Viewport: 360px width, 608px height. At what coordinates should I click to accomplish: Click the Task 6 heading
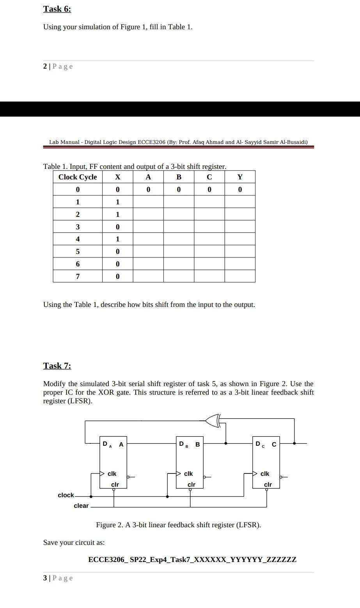(x=57, y=9)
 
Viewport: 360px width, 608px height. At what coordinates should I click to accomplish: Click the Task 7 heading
(x=57, y=366)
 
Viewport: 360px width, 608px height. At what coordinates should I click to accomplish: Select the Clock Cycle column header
(x=78, y=177)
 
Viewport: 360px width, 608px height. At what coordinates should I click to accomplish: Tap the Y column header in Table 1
(x=240, y=177)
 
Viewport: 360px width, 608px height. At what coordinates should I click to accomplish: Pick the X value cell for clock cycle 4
(x=117, y=239)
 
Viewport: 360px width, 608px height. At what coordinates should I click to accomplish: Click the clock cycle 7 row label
(x=78, y=277)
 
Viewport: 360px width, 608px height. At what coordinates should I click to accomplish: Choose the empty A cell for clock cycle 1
(x=148, y=202)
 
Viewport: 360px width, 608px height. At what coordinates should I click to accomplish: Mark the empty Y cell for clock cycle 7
(x=240, y=277)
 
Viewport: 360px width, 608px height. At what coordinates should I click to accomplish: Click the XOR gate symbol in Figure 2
(x=213, y=420)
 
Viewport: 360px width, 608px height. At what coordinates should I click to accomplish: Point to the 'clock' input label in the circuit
(x=66, y=495)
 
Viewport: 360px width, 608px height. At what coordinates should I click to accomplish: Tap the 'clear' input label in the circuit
(x=81, y=506)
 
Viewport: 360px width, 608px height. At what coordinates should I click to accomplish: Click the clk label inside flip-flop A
(x=112, y=474)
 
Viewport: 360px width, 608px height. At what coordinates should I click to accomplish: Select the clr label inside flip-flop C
(x=268, y=485)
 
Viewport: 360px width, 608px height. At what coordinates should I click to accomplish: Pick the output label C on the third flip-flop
(x=274, y=444)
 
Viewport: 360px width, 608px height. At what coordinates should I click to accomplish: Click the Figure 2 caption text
(x=178, y=525)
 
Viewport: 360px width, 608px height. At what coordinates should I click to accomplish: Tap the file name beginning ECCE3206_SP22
(x=192, y=560)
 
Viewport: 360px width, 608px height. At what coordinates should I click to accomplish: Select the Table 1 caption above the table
(x=135, y=167)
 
